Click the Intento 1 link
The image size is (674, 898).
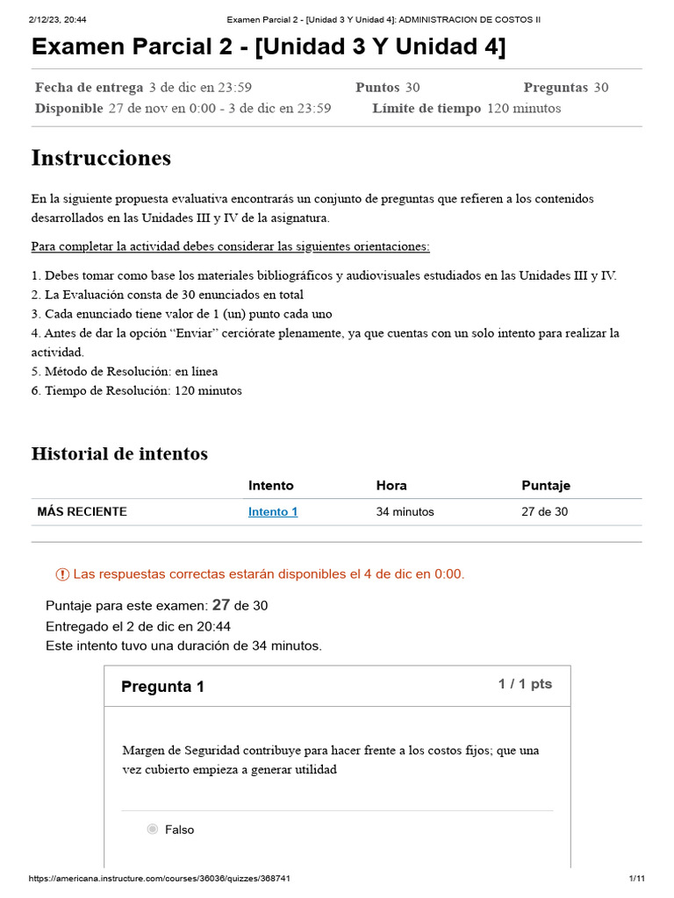tap(273, 512)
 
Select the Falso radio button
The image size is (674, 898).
tap(153, 830)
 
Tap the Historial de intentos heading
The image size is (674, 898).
tap(119, 453)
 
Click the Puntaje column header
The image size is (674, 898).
tap(546, 486)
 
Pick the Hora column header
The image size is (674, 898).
tap(391, 486)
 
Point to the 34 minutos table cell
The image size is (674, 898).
tap(405, 512)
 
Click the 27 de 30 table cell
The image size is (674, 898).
tap(544, 512)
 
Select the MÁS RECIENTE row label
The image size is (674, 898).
tap(82, 512)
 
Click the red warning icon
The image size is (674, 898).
tap(62, 574)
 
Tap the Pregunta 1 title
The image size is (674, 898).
tap(162, 687)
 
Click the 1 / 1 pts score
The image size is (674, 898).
tap(525, 684)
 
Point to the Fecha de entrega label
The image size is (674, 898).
tap(89, 87)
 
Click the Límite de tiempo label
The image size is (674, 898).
tap(427, 109)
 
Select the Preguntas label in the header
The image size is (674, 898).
tap(556, 87)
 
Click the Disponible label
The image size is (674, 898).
tap(69, 109)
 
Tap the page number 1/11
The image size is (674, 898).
tap(637, 879)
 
